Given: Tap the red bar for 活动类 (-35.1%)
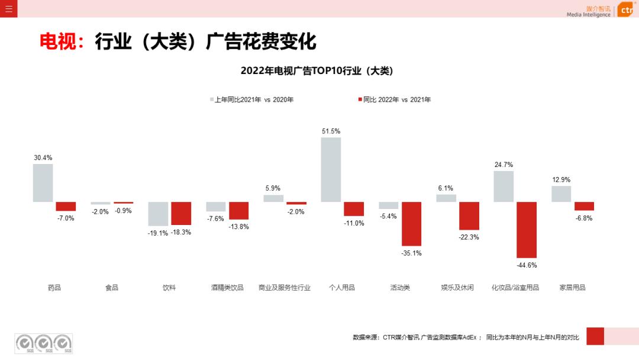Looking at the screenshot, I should pos(411,224).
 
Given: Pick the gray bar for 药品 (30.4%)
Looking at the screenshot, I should pos(43,183).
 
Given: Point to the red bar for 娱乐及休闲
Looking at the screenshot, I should pos(469,216).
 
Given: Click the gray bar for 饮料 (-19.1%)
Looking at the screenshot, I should pos(158,214).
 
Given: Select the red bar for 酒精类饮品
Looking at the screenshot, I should pos(239,211).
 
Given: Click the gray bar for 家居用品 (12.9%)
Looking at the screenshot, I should pos(561,194).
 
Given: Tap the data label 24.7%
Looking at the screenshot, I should pos(504,165).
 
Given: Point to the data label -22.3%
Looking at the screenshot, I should pos(469,237).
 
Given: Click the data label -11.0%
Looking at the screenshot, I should pos(354,223).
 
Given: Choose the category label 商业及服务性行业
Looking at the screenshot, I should pos(285,288).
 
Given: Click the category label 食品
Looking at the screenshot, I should pos(112,288).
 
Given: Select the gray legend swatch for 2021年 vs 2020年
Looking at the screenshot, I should pos(211,99).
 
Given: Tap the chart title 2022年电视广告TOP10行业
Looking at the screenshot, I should pos(317,70).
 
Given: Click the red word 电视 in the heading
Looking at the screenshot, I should pos(57,41).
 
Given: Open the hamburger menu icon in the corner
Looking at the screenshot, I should pos(8,9).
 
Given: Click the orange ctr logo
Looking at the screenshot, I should pos(626,10).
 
